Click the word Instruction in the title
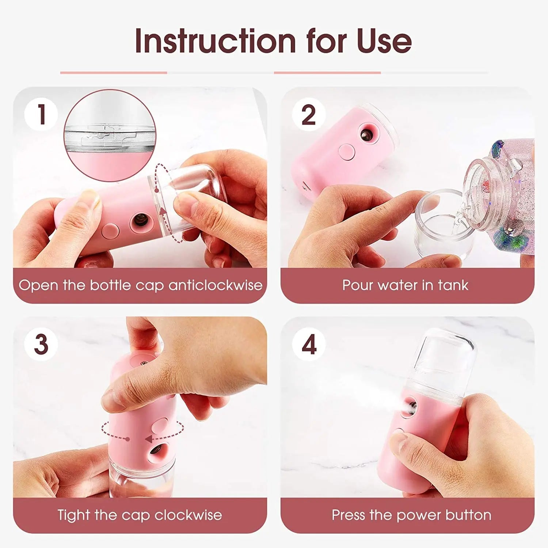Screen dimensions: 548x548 215,41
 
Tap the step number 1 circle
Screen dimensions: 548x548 41,114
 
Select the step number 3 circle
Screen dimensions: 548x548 41,344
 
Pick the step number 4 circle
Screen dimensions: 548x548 309,345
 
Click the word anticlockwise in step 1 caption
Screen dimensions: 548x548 215,285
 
